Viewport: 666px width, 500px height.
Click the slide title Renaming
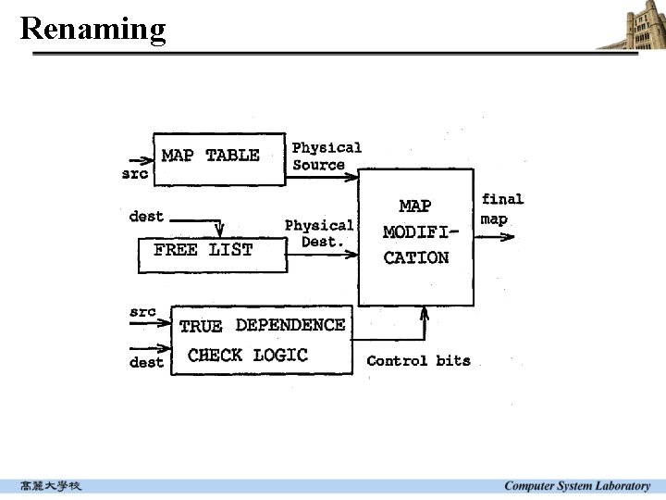pos(92,28)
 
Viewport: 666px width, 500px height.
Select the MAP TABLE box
pos(218,158)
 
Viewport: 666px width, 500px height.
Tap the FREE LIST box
pos(213,255)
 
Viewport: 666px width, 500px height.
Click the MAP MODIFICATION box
pos(415,236)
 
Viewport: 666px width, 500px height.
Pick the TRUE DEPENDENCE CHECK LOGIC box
pos(263,340)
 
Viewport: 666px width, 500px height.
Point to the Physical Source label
pos(326,156)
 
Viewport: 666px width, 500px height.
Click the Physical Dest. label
pos(320,233)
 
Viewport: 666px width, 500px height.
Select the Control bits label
pos(418,361)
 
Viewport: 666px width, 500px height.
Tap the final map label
pos(501,209)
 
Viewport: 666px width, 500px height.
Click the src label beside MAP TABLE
pos(135,174)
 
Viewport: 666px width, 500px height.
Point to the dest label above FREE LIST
pos(146,217)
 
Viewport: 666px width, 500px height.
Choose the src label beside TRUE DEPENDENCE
pos(142,312)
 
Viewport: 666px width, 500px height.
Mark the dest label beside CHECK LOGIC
pos(146,362)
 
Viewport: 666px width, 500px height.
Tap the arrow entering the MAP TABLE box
pos(142,159)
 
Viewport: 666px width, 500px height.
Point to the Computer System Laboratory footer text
pos(576,486)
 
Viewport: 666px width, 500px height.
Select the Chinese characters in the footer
pos(51,486)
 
